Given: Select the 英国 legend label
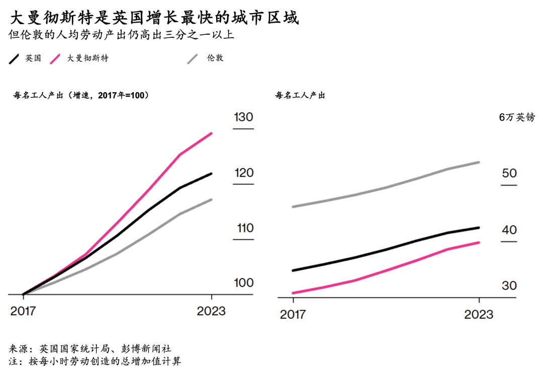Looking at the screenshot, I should click(33, 58).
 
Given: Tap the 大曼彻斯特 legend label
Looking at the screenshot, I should click(88, 58).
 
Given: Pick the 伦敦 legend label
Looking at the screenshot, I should click(215, 58).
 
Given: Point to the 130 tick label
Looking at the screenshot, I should click(243, 117).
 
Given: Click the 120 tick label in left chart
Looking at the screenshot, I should click(243, 173).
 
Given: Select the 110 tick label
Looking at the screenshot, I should click(245, 228).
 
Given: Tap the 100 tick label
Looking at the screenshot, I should click(244, 283).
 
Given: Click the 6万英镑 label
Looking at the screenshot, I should click(517, 117).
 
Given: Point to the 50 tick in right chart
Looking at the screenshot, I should click(509, 173).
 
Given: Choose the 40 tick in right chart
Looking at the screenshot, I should click(509, 230).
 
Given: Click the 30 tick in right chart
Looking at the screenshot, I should click(509, 286).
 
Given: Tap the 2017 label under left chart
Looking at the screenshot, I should click(23, 311).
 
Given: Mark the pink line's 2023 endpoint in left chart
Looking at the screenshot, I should click(211, 133).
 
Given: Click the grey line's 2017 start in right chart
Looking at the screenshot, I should click(293, 206).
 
